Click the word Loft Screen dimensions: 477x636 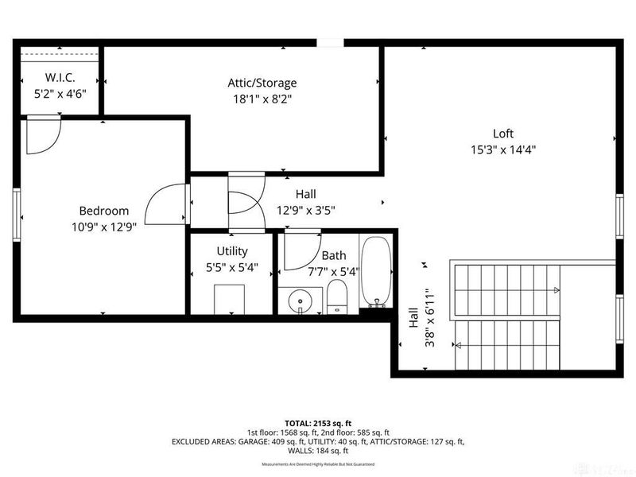pyautogui.click(x=502, y=134)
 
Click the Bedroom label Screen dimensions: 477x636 pyautogui.click(x=103, y=211)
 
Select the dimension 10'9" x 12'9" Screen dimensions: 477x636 pyautogui.click(x=103, y=226)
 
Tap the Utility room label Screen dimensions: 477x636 pyautogui.click(x=232, y=251)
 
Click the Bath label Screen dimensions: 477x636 pyautogui.click(x=334, y=255)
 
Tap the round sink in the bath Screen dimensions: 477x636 pyautogui.click(x=301, y=301)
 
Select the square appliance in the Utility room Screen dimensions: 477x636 pyautogui.click(x=232, y=299)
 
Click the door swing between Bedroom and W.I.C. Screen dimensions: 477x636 pyautogui.click(x=42, y=134)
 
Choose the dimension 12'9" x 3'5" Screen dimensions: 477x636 pyautogui.click(x=305, y=211)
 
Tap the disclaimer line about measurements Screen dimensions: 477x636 pyautogui.click(x=317, y=464)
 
